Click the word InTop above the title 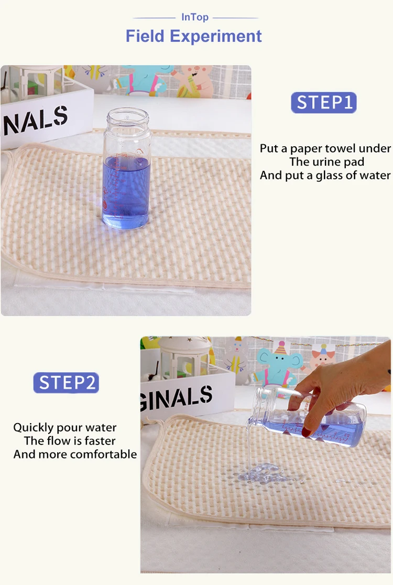(194, 17)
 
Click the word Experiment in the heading (215, 36)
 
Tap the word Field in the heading (145, 36)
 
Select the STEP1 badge (324, 103)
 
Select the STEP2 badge (67, 383)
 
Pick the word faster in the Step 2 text (100, 441)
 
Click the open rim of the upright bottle (128, 113)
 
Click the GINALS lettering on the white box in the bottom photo (177, 398)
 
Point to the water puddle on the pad (261, 473)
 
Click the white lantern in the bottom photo (183, 358)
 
